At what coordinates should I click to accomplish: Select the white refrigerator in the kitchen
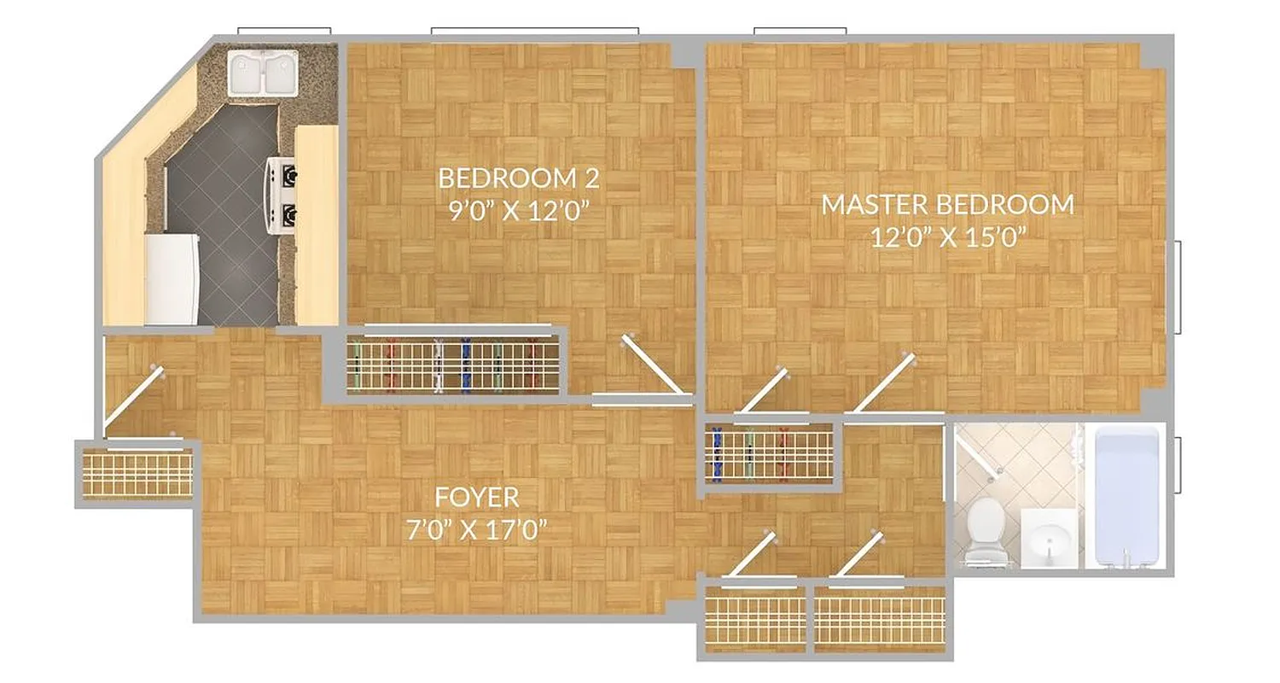[172, 279]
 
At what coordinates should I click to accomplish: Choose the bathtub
[1126, 495]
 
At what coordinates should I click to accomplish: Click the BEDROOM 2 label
[518, 178]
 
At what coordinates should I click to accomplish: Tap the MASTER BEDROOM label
[947, 205]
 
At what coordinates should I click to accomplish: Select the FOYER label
[476, 497]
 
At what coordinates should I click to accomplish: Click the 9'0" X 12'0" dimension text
[520, 210]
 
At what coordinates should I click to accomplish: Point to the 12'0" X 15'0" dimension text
[947, 236]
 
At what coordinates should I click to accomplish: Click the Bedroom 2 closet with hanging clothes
[453, 364]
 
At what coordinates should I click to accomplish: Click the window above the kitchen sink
[283, 32]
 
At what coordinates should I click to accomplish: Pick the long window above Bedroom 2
[534, 32]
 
